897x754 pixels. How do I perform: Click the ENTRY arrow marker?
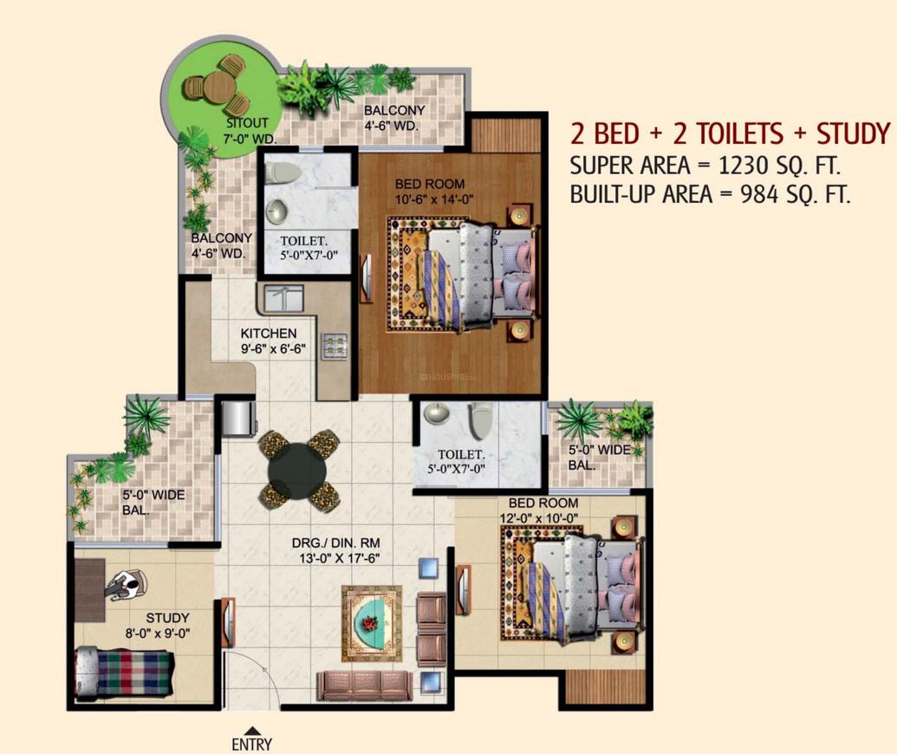[251, 731]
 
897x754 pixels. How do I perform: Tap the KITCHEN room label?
[269, 334]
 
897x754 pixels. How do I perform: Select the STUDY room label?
[167, 618]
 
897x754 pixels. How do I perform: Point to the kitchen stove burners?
[334, 348]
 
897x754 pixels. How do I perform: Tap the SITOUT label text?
[224, 123]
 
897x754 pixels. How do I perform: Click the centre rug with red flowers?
[372, 621]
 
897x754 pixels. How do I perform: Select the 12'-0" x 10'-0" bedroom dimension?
[537, 518]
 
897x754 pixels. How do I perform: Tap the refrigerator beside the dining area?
[237, 418]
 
